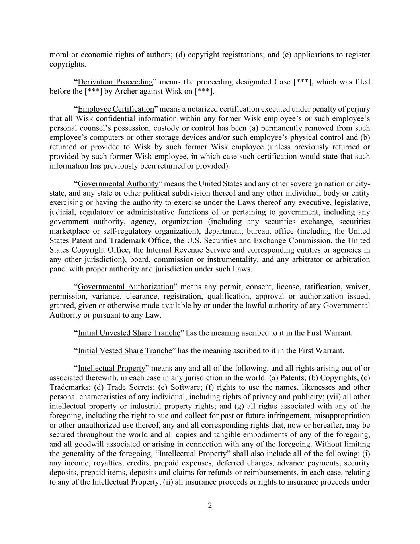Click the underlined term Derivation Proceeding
pyautogui.click(x=115, y=82)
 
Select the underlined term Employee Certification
pyautogui.click(x=116, y=109)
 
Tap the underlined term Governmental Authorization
pyautogui.click(x=125, y=287)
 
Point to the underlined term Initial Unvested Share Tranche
pyautogui.click(x=129, y=333)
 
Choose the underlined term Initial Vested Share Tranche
pyautogui.click(x=124, y=351)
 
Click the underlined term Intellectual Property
pyautogui.click(x=111, y=368)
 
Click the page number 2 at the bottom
pyautogui.click(x=210, y=506)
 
